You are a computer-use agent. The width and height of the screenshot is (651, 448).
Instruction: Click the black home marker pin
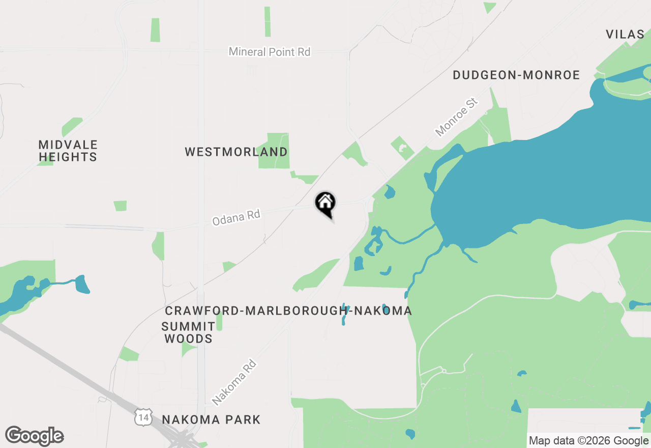click(325, 204)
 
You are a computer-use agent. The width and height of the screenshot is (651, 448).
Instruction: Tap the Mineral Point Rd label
click(269, 52)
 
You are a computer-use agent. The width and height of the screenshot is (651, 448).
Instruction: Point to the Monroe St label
click(457, 118)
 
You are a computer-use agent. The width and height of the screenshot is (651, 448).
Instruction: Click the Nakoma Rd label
click(234, 382)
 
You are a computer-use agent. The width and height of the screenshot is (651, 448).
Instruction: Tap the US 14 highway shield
click(143, 417)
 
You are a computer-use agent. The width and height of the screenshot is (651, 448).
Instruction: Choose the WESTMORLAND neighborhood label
click(236, 152)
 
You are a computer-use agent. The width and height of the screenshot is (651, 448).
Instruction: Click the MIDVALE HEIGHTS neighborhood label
click(68, 151)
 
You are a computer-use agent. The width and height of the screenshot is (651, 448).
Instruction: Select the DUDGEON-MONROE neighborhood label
click(516, 75)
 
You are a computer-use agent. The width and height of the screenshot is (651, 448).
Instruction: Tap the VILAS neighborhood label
click(625, 35)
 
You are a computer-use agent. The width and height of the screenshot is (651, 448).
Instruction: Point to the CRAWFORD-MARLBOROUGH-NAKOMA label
click(288, 311)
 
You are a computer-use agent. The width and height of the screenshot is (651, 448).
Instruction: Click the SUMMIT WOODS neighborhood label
click(188, 332)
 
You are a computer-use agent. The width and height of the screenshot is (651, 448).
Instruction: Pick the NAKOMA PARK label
click(211, 420)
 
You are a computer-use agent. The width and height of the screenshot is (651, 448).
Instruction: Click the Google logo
click(34, 436)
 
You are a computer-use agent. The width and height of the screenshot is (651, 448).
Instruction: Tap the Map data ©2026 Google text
click(588, 441)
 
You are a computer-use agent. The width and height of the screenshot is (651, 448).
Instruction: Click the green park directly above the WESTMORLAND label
click(274, 150)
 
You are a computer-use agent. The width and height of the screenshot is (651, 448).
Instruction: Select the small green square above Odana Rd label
click(120, 206)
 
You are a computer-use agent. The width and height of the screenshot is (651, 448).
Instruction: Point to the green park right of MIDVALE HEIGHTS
click(72, 126)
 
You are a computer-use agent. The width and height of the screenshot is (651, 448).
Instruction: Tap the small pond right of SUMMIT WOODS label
click(345, 314)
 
